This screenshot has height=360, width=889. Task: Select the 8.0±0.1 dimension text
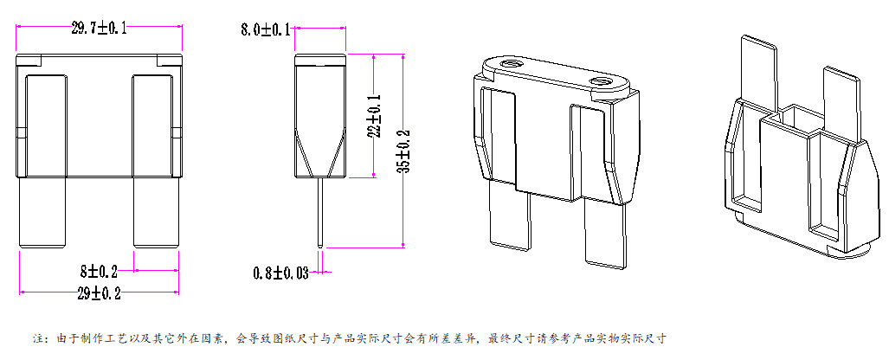pyautogui.click(x=265, y=30)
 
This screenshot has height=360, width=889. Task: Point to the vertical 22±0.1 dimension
pyautogui.click(x=375, y=114)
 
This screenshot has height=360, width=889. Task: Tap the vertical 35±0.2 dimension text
pyautogui.click(x=403, y=151)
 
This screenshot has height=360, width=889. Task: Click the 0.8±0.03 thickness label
pyautogui.click(x=280, y=273)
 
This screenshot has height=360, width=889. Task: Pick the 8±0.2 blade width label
pyautogui.click(x=109, y=273)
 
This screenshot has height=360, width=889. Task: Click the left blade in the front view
pyautogui.click(x=43, y=212)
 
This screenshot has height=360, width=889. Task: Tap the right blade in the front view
pyautogui.click(x=156, y=212)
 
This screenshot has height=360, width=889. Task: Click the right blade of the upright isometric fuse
pyautogui.click(x=604, y=234)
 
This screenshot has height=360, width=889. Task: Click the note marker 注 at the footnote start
pyautogui.click(x=37, y=337)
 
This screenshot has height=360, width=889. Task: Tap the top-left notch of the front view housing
pyautogui.click(x=29, y=61)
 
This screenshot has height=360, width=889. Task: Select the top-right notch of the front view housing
pyautogui.click(x=170, y=61)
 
